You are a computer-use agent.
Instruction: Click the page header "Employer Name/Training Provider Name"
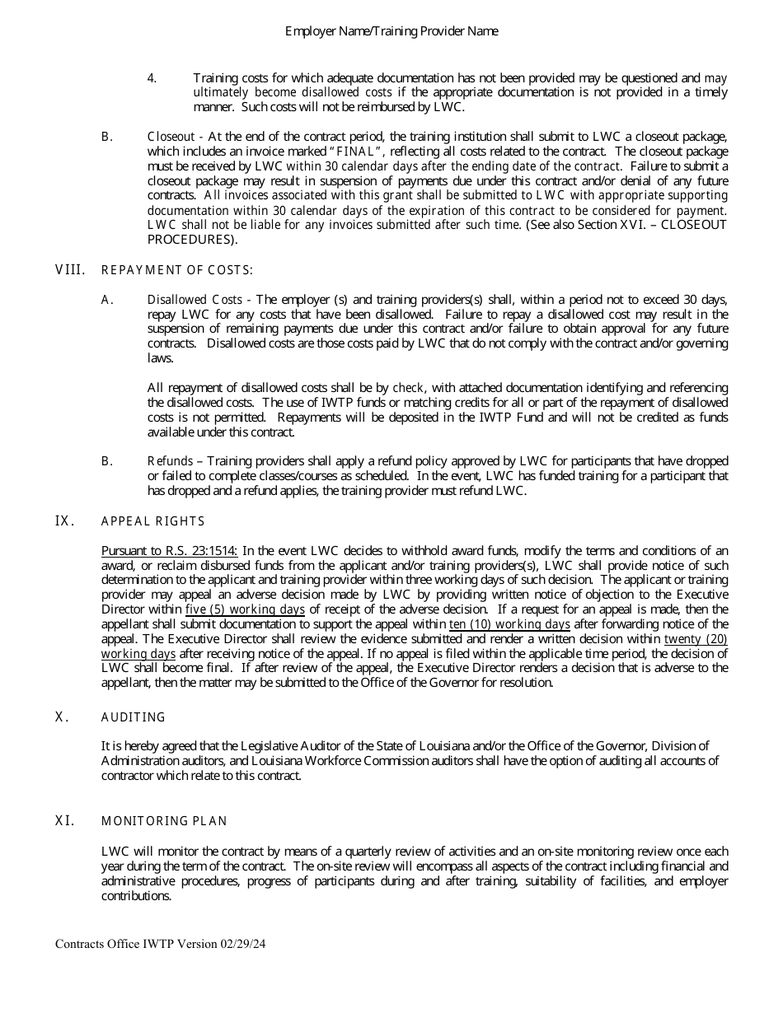click(x=391, y=31)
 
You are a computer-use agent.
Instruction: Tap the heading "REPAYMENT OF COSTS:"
click(x=177, y=270)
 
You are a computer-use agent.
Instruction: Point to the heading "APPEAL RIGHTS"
click(x=153, y=521)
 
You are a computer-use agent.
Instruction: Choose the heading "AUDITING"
click(x=134, y=717)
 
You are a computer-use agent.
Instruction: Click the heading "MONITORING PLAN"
click(x=164, y=821)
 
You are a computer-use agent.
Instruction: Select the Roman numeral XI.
click(x=65, y=820)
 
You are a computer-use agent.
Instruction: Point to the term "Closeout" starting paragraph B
click(x=171, y=136)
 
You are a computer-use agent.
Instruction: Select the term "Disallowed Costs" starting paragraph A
click(x=195, y=300)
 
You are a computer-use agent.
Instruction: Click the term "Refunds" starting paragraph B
click(x=170, y=461)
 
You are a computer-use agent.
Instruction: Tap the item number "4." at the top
click(x=152, y=77)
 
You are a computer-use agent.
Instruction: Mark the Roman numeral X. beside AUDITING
click(x=61, y=717)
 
